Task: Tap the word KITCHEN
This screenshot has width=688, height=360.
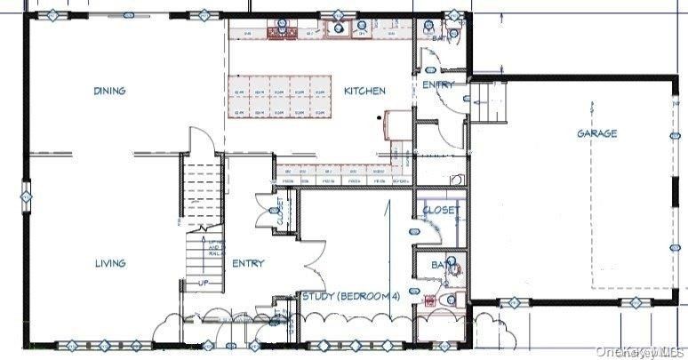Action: coord(364,91)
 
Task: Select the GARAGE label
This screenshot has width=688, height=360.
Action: coord(596,133)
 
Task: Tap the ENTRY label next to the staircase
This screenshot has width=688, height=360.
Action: coord(248,263)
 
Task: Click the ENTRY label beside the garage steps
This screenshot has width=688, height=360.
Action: coord(437,84)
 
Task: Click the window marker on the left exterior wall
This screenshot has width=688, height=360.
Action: coord(25,193)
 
